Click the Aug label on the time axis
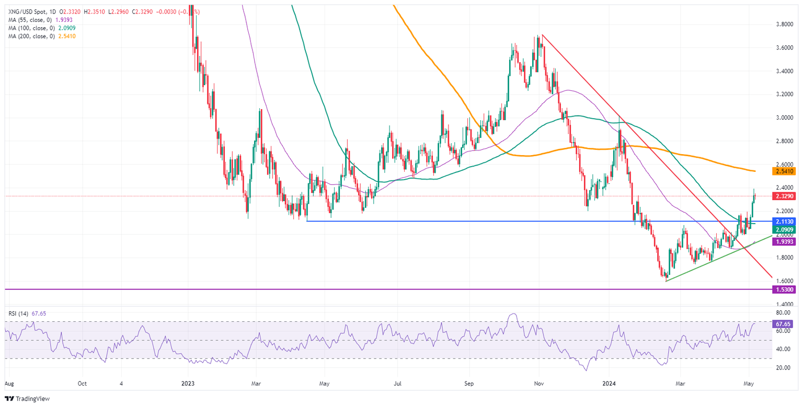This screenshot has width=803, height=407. pos(9,383)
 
